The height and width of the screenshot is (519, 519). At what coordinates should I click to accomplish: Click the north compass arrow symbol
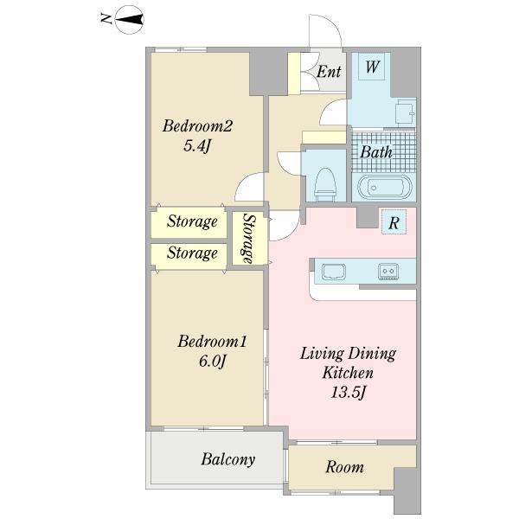point(130,20)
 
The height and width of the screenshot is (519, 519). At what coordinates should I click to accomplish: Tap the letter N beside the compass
point(106,19)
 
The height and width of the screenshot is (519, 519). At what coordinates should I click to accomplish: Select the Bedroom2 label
point(197,126)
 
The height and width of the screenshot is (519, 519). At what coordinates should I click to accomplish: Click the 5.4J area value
point(197,145)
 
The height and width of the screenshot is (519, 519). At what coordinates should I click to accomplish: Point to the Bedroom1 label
point(212,342)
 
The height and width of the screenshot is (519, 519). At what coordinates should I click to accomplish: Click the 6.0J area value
point(213,361)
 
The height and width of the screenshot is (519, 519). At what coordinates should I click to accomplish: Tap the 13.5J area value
point(349,393)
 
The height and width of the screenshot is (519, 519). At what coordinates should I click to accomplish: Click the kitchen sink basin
point(334,272)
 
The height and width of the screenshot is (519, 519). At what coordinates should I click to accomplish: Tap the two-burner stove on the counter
point(388,271)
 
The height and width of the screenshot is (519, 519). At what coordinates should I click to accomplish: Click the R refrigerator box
point(394,222)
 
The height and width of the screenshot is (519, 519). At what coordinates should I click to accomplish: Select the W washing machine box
point(372,67)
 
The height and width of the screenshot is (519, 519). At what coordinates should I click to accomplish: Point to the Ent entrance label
point(329,72)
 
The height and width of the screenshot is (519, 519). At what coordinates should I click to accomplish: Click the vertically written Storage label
point(250,239)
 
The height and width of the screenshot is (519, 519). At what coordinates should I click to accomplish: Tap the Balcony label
point(228,459)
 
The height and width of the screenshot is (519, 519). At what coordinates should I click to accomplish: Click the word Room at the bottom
point(344,467)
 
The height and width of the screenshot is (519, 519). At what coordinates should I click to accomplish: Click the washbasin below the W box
point(406,112)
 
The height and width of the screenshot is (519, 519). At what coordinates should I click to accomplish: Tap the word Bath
point(376,152)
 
